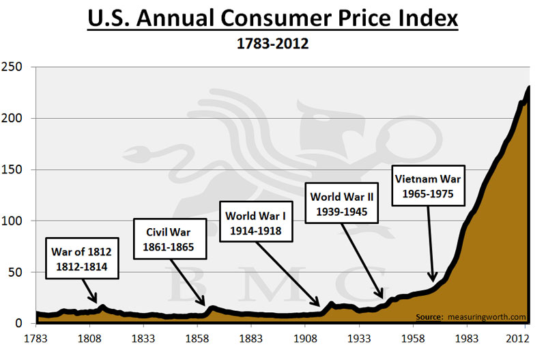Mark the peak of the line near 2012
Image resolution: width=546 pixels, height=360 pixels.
click(x=528, y=88)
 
